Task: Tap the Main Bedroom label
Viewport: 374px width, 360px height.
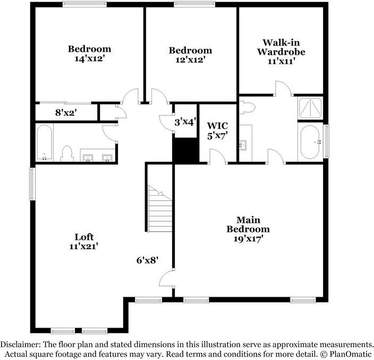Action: pyautogui.click(x=248, y=224)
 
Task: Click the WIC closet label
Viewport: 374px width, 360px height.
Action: pyautogui.click(x=217, y=126)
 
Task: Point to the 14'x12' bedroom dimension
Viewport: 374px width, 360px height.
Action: pyautogui.click(x=89, y=59)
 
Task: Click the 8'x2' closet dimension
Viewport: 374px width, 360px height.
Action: pyautogui.click(x=66, y=113)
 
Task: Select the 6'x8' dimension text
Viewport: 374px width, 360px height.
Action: pyautogui.click(x=148, y=260)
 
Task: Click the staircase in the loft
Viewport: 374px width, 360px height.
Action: pyautogui.click(x=160, y=209)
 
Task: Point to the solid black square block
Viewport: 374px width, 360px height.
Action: pyautogui.click(x=185, y=150)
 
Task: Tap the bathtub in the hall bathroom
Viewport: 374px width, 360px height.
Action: pyautogui.click(x=44, y=143)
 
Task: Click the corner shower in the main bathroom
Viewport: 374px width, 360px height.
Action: pyautogui.click(x=309, y=109)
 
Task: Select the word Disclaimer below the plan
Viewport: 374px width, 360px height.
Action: pyautogui.click(x=20, y=344)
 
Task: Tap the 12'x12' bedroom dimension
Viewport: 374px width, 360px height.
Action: pyautogui.click(x=190, y=60)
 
